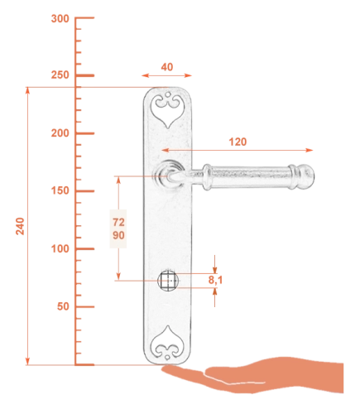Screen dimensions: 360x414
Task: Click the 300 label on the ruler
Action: click(60, 19)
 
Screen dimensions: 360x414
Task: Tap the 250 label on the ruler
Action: click(60, 75)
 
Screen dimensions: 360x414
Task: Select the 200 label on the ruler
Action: click(60, 133)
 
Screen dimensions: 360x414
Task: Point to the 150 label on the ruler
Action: click(60, 190)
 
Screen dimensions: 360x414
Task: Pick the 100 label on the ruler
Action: click(60, 248)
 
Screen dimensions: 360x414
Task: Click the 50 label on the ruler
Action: click(63, 306)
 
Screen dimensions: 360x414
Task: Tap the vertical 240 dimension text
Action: click(20, 226)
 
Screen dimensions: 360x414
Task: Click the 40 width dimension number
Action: click(167, 67)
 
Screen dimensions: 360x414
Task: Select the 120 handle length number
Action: click(238, 142)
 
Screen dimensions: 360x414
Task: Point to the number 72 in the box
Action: click(118, 222)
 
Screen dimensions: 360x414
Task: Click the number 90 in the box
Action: click(118, 235)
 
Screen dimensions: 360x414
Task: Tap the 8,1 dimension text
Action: click(215, 280)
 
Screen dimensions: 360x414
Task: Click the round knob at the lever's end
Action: click(306, 177)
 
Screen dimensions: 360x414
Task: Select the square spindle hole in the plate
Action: click(168, 281)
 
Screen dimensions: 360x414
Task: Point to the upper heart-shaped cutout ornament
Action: click(167, 110)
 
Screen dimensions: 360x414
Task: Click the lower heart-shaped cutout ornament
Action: click(167, 343)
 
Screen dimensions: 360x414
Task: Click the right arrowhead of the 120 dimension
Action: click(310, 150)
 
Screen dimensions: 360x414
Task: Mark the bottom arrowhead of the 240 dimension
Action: click(27, 361)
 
